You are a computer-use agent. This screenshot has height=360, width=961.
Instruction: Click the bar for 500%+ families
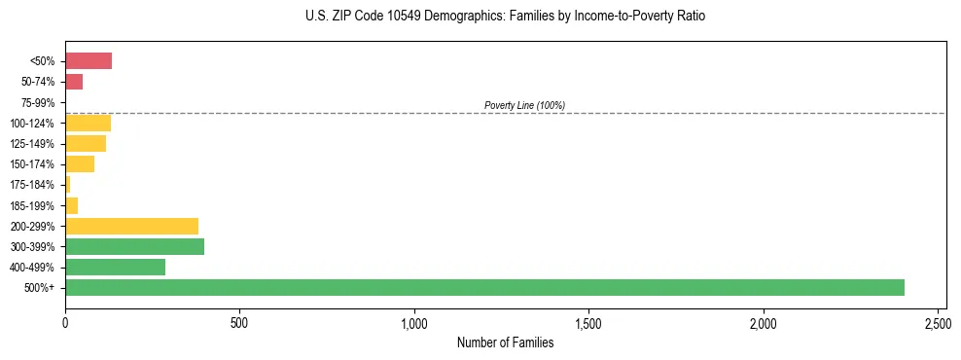click(x=484, y=287)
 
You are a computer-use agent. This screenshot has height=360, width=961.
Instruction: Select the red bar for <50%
click(x=89, y=61)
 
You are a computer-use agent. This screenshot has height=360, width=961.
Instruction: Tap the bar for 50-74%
click(x=74, y=82)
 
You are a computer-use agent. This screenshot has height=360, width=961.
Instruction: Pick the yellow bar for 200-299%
click(x=131, y=226)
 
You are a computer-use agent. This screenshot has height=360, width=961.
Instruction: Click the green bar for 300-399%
click(x=134, y=246)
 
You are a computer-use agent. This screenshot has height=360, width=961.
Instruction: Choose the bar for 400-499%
click(x=115, y=267)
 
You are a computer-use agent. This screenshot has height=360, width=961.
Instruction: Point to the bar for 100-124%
click(x=88, y=123)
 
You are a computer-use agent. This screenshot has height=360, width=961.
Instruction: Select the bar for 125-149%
click(x=86, y=143)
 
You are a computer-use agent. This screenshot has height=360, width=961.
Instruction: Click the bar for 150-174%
click(x=80, y=163)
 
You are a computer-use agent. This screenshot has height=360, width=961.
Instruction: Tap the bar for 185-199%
click(x=71, y=205)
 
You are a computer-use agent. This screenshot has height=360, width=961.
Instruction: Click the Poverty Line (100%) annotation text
click(x=524, y=105)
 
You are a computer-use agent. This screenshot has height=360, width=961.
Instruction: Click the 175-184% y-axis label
click(x=34, y=185)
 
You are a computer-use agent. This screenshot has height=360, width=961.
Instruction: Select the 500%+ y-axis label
click(x=41, y=288)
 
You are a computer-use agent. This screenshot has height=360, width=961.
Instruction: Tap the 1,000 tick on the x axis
click(x=414, y=322)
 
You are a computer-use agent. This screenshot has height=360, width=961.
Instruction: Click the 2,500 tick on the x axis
click(x=938, y=322)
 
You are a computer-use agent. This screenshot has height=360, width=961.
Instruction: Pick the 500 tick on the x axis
click(x=239, y=322)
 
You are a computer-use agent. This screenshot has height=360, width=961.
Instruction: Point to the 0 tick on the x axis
click(x=65, y=322)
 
